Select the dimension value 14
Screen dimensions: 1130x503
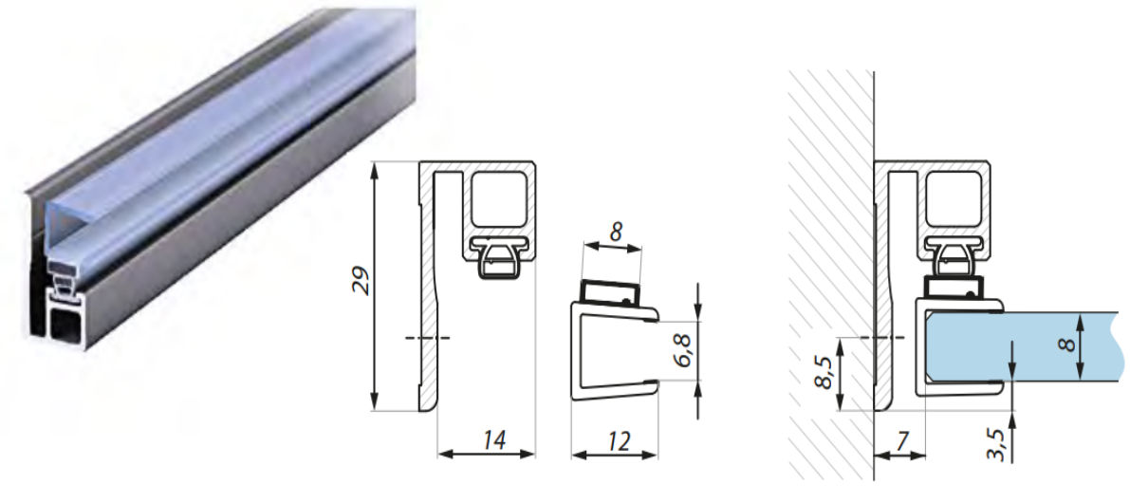click(493, 438)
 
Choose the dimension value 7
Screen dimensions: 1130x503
click(902, 440)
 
